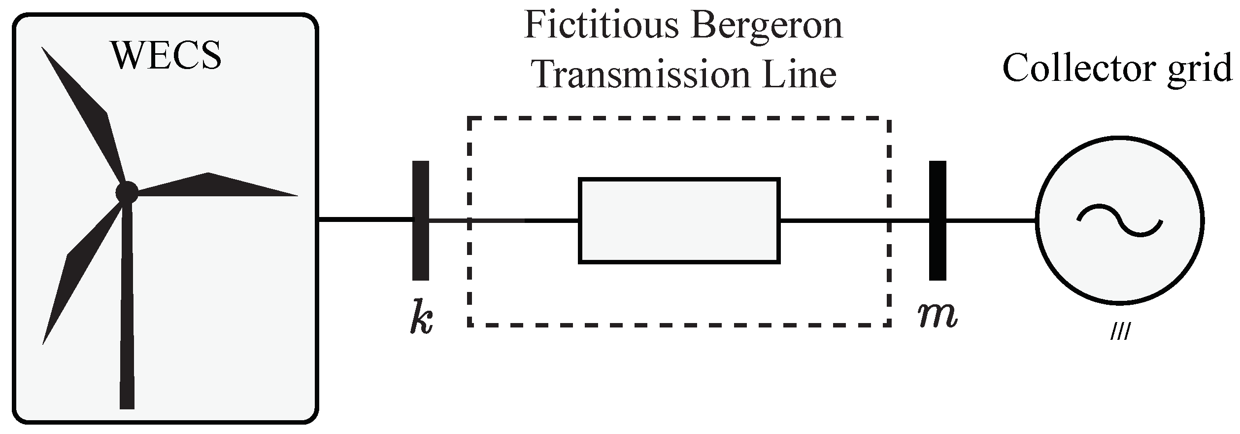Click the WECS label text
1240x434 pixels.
(167, 56)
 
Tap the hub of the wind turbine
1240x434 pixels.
(127, 192)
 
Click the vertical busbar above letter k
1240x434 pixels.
(420, 220)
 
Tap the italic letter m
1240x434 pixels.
(938, 315)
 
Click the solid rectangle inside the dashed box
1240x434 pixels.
(679, 220)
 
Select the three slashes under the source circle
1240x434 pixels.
(1119, 333)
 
